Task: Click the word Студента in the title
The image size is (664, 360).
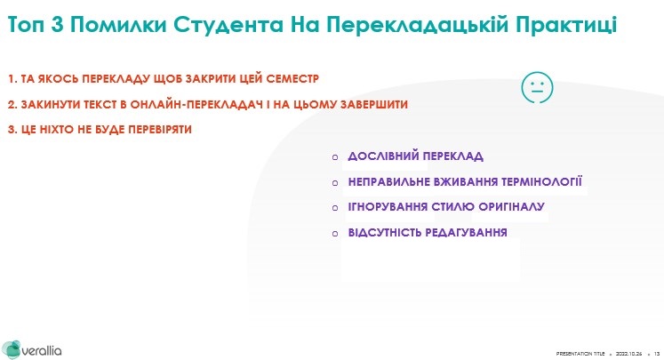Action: [x=228, y=25]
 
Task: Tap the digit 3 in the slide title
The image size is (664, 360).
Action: [x=57, y=25]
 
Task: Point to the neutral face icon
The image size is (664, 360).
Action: [x=537, y=87]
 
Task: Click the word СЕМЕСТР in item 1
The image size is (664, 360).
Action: [x=292, y=79]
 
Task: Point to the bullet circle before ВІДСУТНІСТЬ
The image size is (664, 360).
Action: [x=335, y=234]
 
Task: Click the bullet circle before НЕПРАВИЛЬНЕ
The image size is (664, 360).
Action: [x=335, y=183]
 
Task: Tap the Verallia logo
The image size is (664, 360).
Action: [x=32, y=350]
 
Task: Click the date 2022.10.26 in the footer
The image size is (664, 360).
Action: [x=628, y=354]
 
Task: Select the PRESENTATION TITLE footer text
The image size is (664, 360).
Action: [x=580, y=354]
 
